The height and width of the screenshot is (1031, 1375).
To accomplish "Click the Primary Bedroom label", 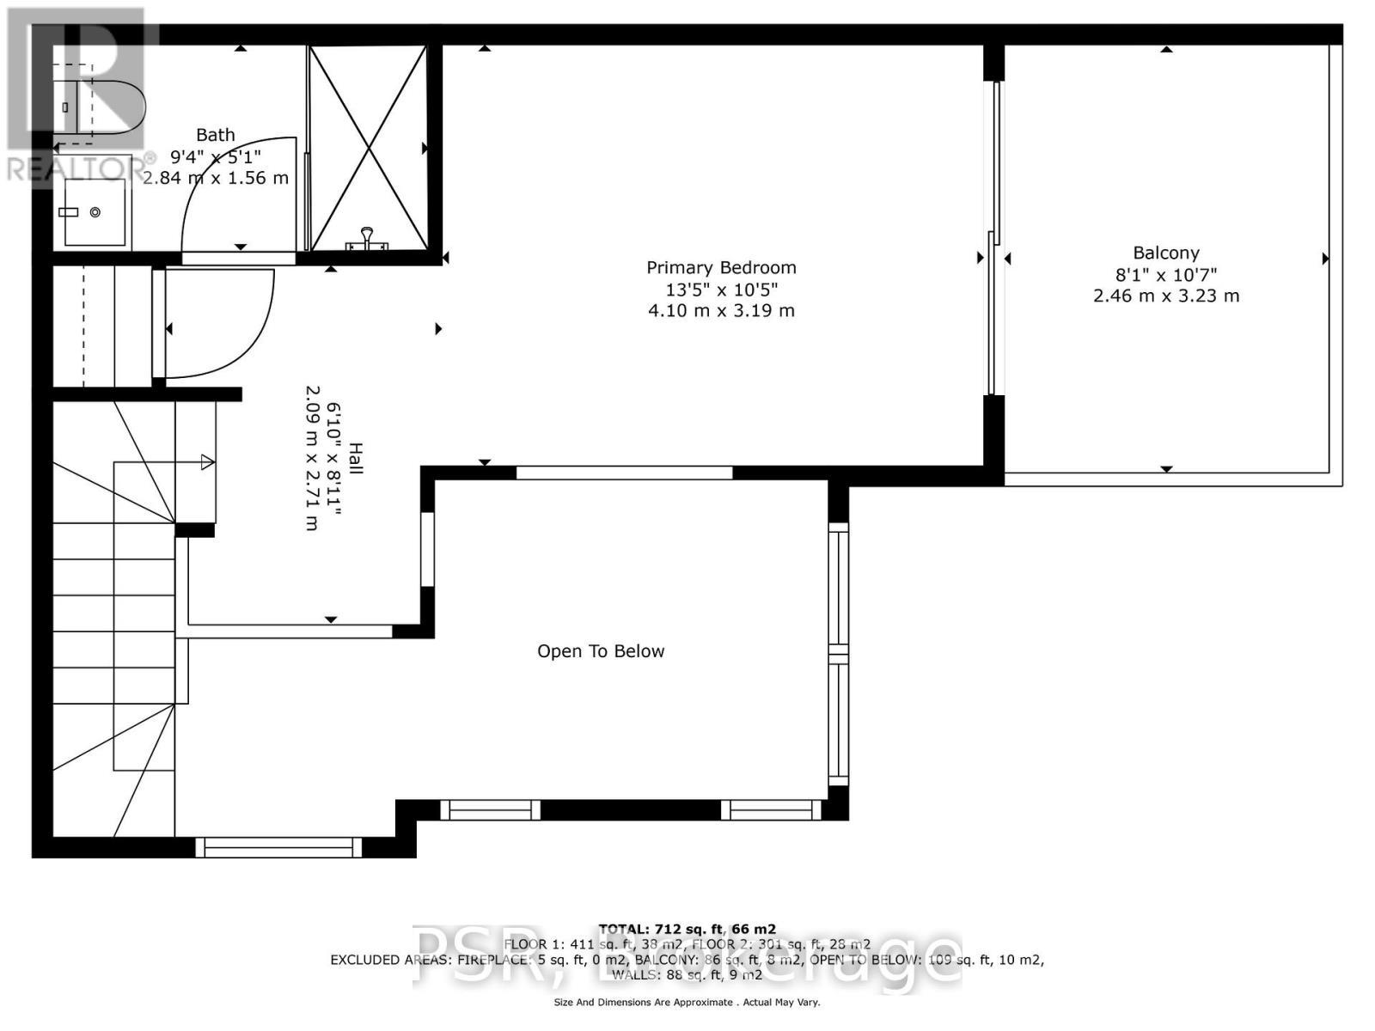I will pos(721,268).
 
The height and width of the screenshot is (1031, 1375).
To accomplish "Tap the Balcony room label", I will pos(1165,253).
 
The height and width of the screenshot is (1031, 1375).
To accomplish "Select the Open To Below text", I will pos(601,651).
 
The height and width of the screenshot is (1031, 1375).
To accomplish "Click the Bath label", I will pos(215,135).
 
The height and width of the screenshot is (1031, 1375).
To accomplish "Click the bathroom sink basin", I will pos(95,212).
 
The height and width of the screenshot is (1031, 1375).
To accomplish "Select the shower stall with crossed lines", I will pos(368,146).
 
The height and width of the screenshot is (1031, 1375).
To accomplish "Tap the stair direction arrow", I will pos(206,462).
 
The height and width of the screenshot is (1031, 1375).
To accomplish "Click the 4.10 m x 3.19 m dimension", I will pos(721,311).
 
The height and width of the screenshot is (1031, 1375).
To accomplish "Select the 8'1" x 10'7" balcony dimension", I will pos(1165,275).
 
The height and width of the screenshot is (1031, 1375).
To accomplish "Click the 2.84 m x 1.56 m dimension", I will pos(215,179).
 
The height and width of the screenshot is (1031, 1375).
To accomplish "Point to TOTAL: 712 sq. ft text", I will pos(687,929).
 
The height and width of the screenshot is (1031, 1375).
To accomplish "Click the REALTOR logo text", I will pos(77,168).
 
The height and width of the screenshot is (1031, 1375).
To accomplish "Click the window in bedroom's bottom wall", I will pos(624,473).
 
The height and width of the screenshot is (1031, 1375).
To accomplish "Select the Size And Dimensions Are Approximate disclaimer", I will pos(687,1002).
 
